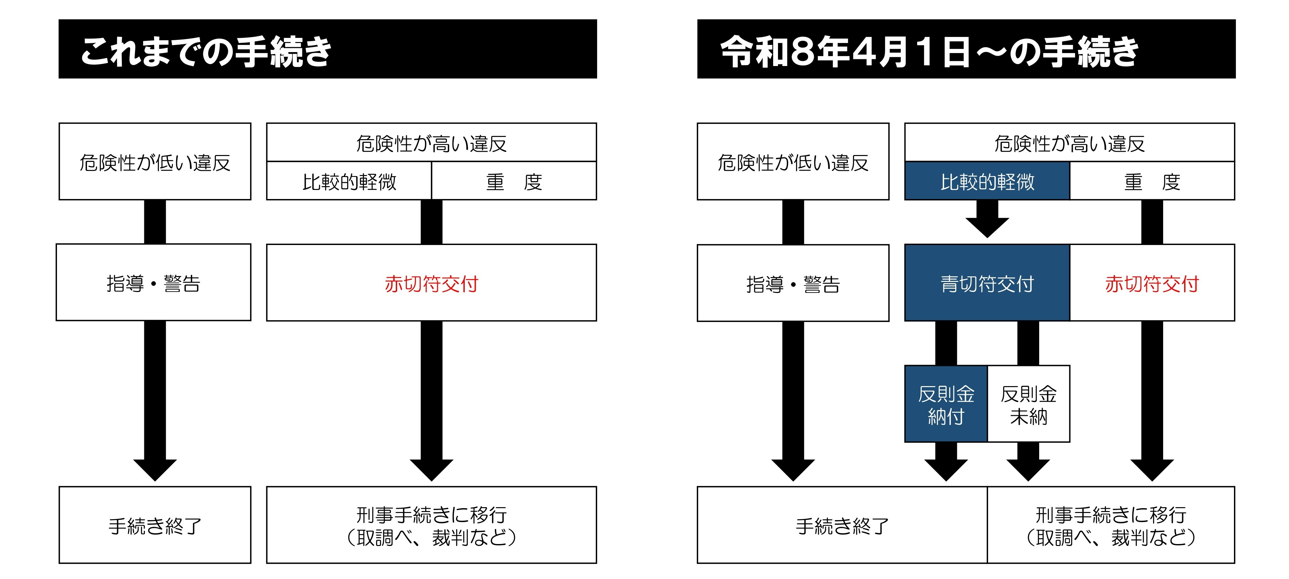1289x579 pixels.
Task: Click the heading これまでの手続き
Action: coord(206,51)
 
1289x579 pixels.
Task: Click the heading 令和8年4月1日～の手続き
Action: coord(929,51)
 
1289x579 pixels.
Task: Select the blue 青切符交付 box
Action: coord(987,283)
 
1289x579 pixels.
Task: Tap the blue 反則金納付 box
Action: coord(946,404)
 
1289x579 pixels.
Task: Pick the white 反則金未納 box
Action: coord(1028,404)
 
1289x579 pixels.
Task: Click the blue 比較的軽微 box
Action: coord(987,181)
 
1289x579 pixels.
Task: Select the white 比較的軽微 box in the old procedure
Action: coord(349,181)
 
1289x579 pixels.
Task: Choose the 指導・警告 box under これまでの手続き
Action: coord(154,283)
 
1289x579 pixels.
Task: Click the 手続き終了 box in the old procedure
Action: coord(155,526)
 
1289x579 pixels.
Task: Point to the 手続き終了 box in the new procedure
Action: coord(842,526)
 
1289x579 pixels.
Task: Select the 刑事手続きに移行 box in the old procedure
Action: coord(431,526)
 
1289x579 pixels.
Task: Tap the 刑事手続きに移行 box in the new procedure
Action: coord(1111,526)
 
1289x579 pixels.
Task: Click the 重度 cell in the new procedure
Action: coord(1152,181)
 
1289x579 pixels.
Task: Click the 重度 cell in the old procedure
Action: coord(514,181)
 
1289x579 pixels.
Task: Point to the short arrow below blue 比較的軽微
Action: coord(987,220)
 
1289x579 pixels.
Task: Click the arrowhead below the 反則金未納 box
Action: coord(1028,468)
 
